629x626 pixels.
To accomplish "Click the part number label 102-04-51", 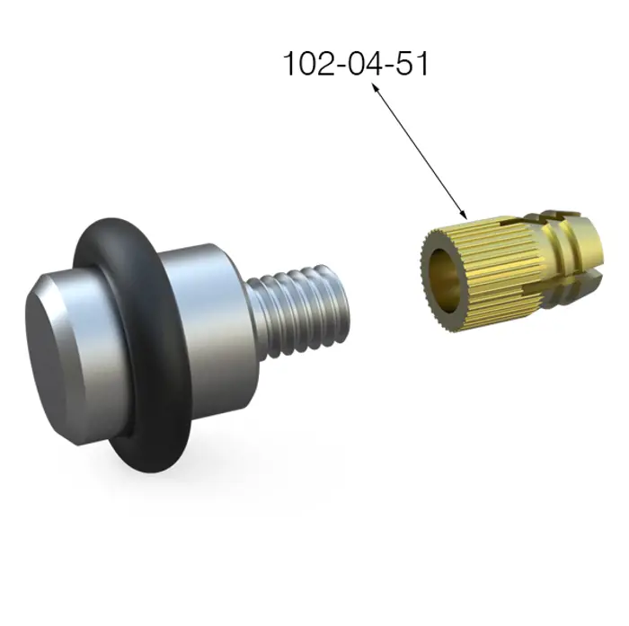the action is pos(356,64).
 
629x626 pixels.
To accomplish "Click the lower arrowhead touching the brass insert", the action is pos(465,215).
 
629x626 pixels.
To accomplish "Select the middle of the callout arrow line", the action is pos(420,151).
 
